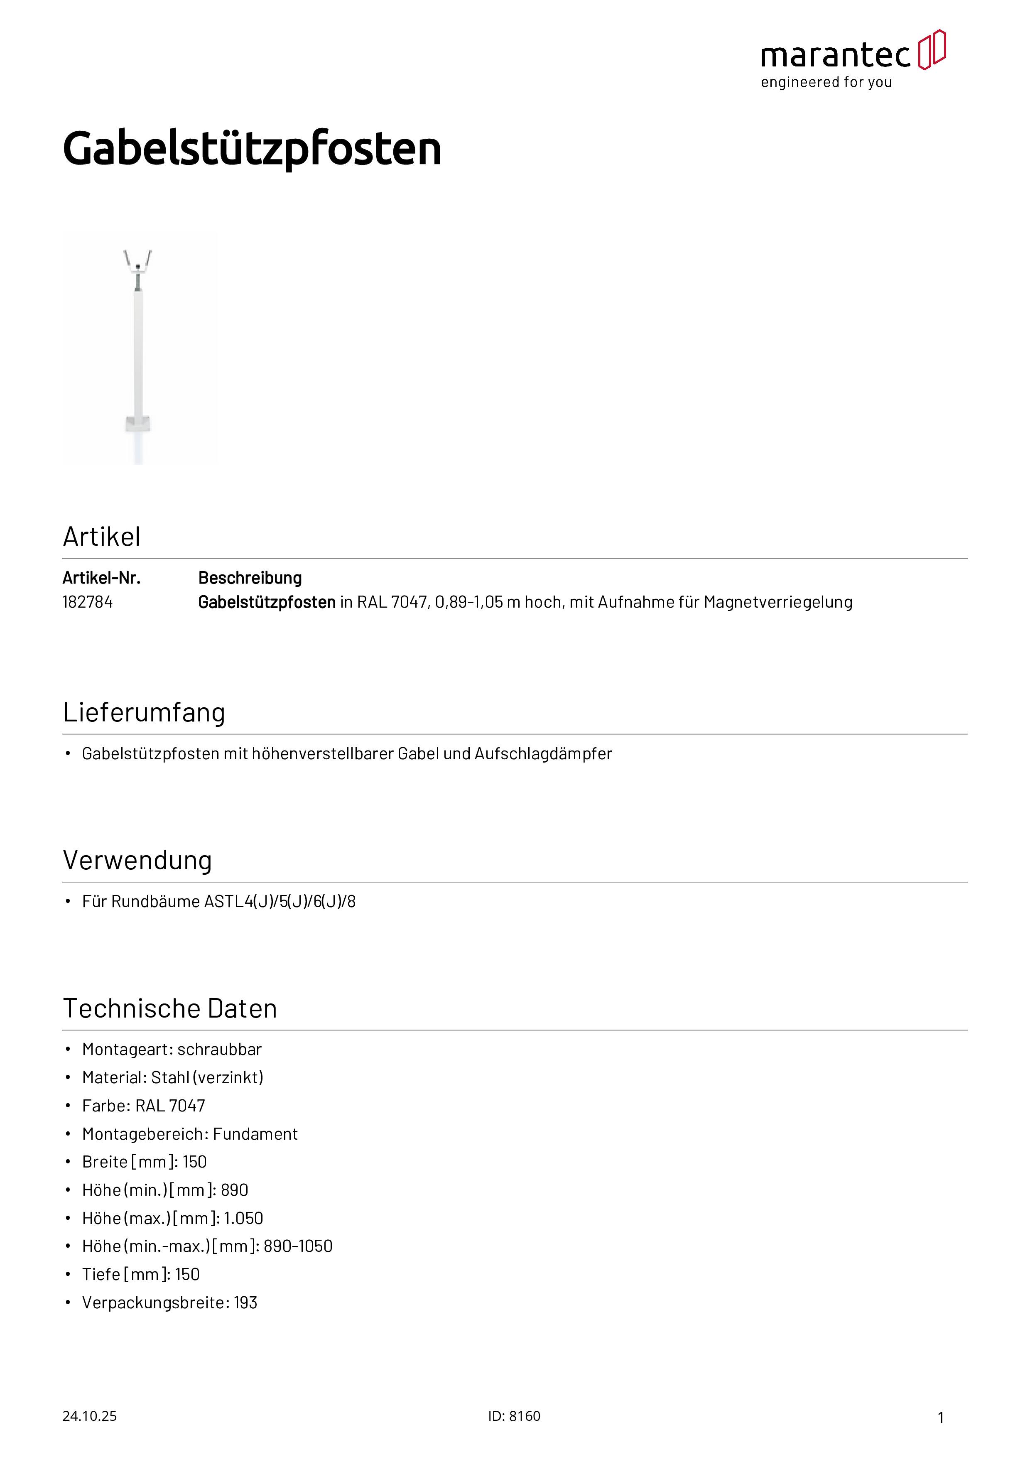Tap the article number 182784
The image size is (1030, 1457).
pyautogui.click(x=88, y=602)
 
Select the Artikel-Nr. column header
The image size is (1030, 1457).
pyautogui.click(x=101, y=578)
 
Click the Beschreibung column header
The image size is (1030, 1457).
pyautogui.click(x=250, y=578)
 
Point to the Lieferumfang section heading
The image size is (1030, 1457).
pyautogui.click(x=144, y=713)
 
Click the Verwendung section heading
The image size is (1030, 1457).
pyautogui.click(x=137, y=861)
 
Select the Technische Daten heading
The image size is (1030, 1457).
pyautogui.click(x=170, y=1008)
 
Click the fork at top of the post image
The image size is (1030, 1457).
pyautogui.click(x=138, y=260)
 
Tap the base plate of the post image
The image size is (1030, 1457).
pyautogui.click(x=138, y=423)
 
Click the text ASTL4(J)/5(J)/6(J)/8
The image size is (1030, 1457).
pyautogui.click(x=280, y=902)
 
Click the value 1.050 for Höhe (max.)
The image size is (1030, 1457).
pyautogui.click(x=244, y=1219)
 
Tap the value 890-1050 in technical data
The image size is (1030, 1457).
pyautogui.click(x=298, y=1246)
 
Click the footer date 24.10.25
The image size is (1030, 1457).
pyautogui.click(x=89, y=1416)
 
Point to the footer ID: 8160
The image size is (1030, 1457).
pyautogui.click(x=514, y=1416)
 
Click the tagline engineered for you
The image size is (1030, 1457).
pyautogui.click(x=826, y=83)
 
